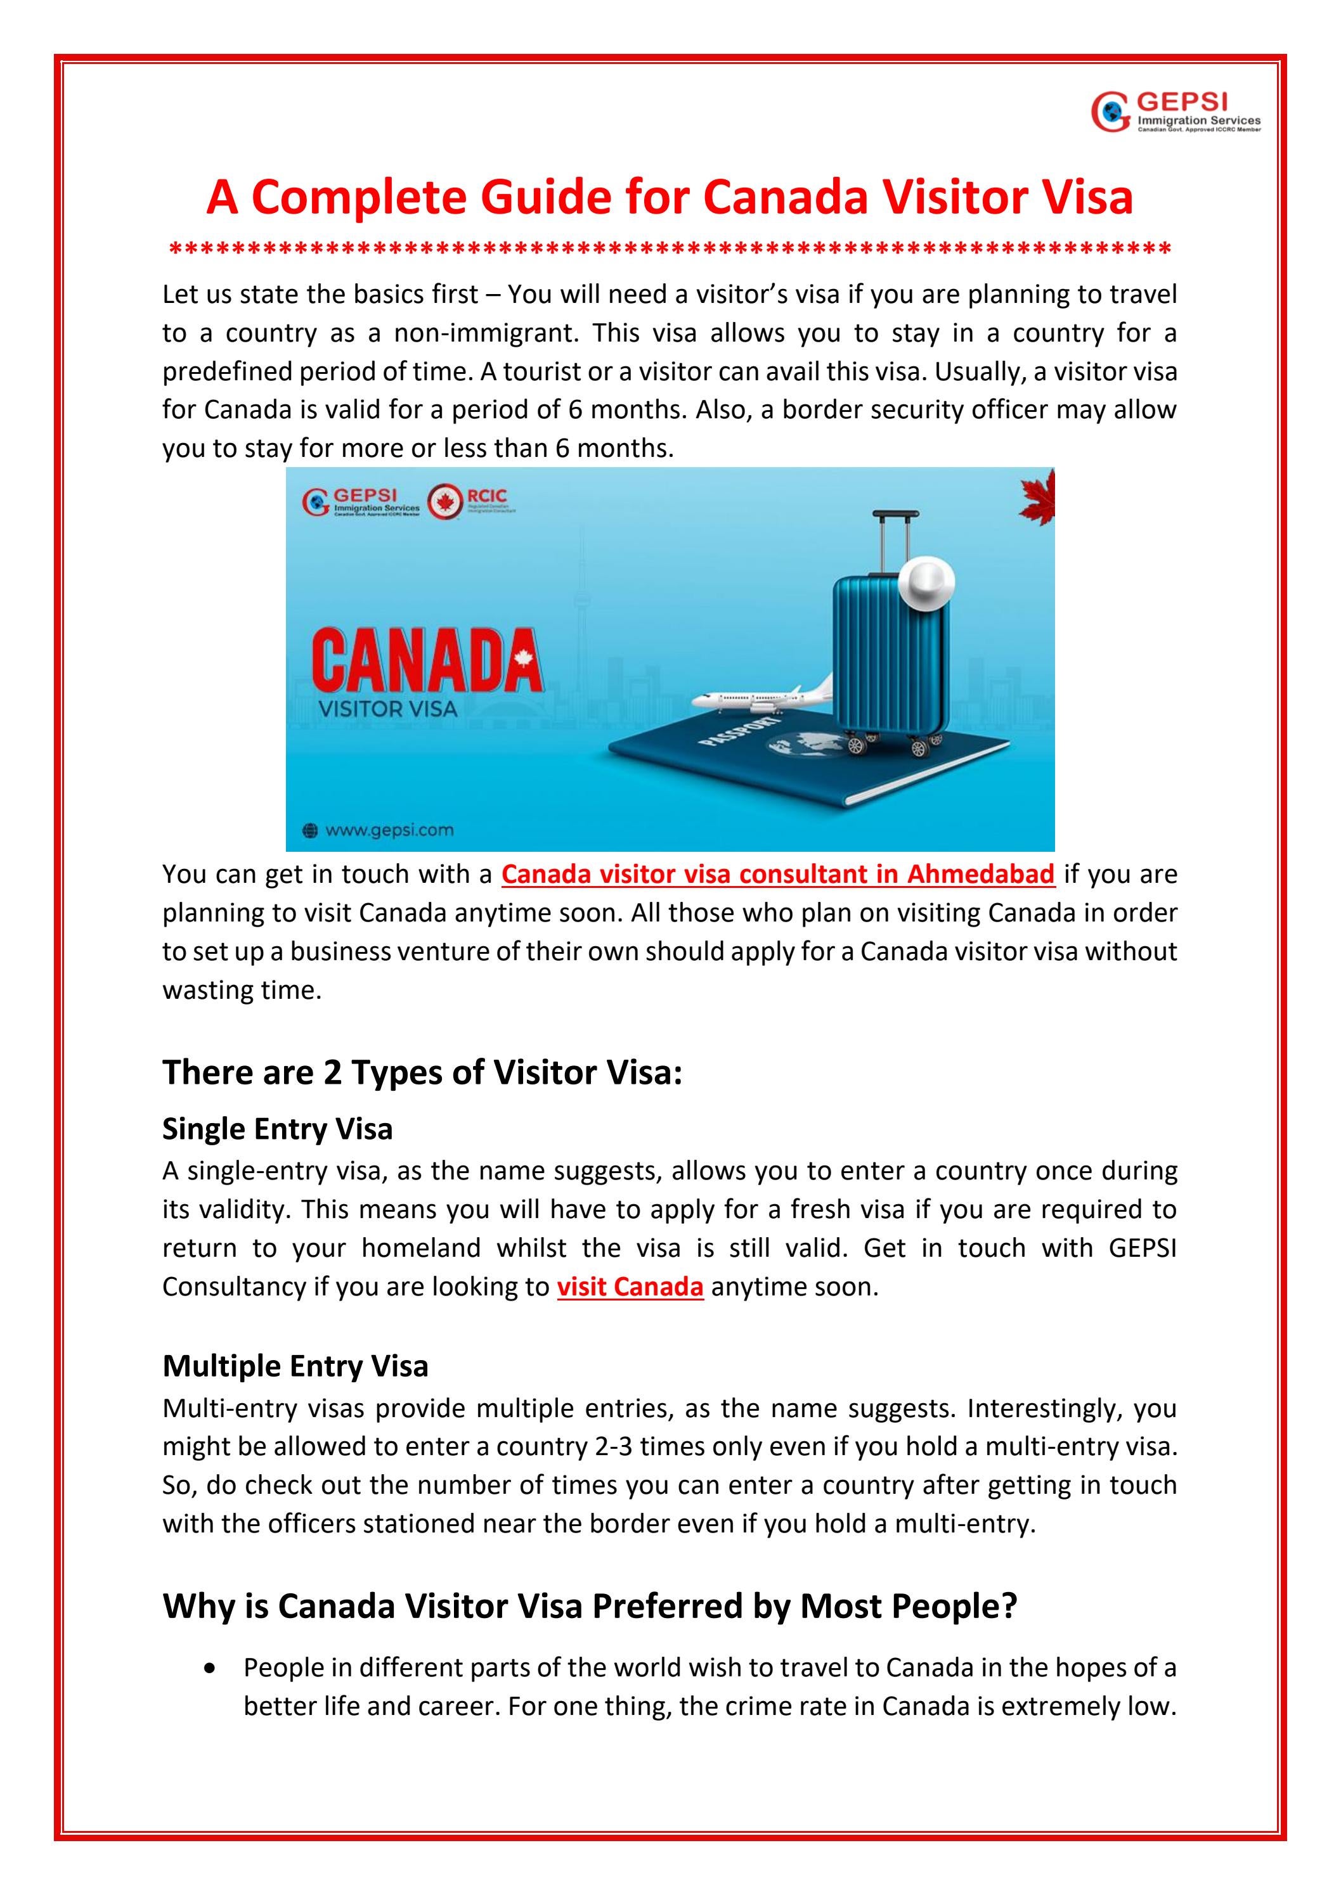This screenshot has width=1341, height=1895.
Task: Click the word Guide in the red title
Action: pyautogui.click(x=546, y=198)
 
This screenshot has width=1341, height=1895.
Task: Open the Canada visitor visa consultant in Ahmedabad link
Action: pyautogui.click(x=778, y=874)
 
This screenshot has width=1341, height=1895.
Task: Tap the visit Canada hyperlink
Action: pyautogui.click(x=630, y=1287)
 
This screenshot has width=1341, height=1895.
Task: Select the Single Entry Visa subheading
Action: pyautogui.click(x=278, y=1128)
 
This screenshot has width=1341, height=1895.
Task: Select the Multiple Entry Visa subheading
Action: pyautogui.click(x=295, y=1366)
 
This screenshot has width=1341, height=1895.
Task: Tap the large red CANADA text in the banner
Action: pyautogui.click(x=426, y=661)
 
